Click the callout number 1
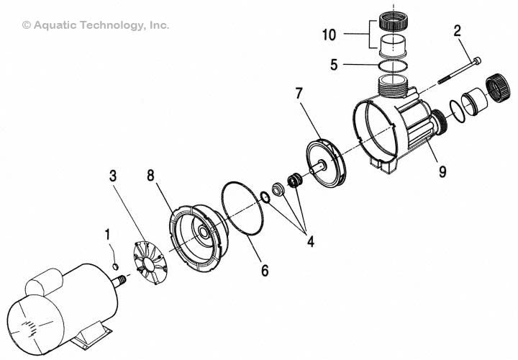pos(108,234)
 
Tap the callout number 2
pos(456,31)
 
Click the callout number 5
pos(334,64)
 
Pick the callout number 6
pos(264,271)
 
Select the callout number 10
pos(329,34)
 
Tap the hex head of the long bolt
pos(476,60)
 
